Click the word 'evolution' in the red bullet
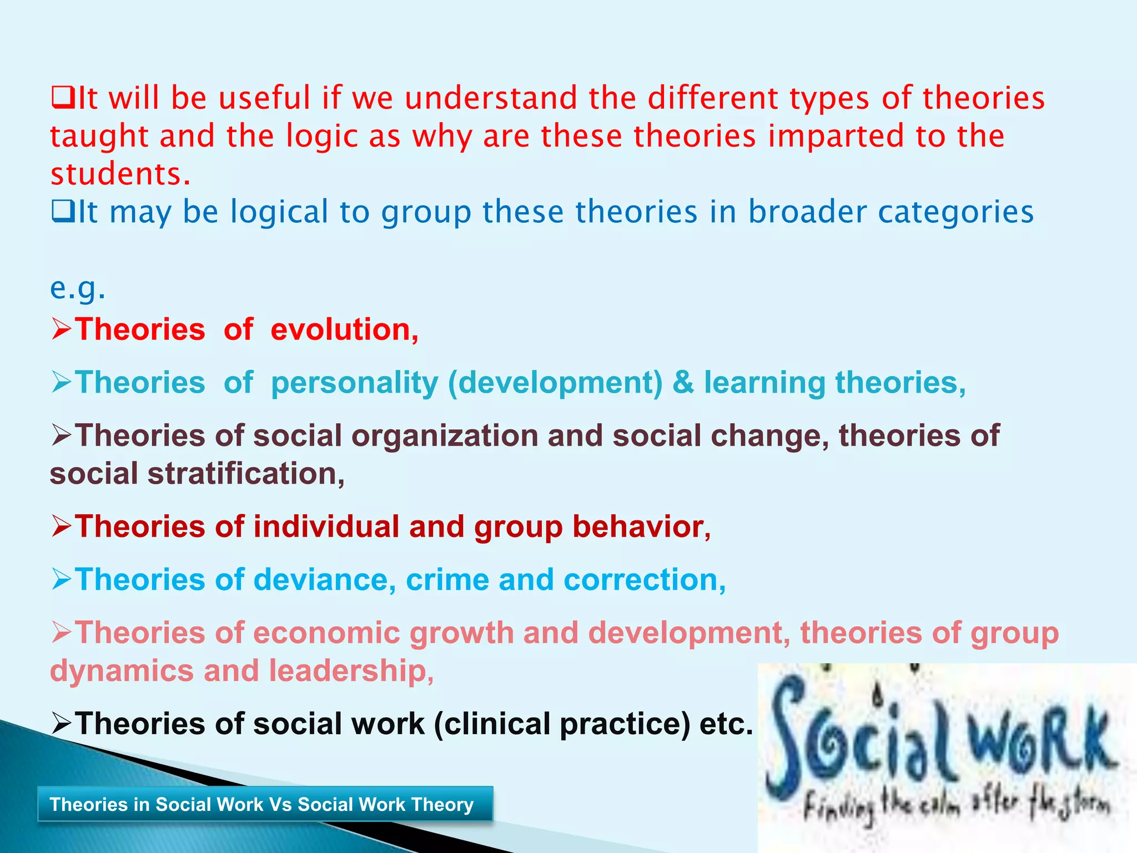pos(344,329)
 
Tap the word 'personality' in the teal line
pos(354,383)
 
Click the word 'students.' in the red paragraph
pos(120,174)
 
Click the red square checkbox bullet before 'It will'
pos(62,98)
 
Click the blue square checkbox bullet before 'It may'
pos(62,212)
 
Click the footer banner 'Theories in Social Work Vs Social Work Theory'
pos(265,804)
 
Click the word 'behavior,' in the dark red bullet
pos(641,527)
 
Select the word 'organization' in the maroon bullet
pos(444,436)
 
